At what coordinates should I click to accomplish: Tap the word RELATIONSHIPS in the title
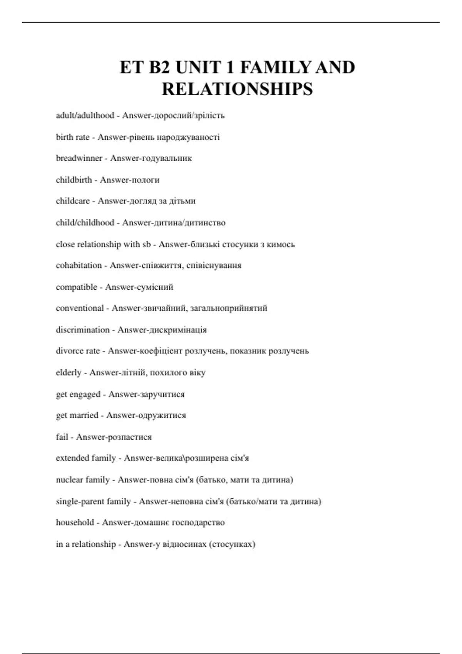[237, 89]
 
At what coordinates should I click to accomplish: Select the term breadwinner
[79, 158]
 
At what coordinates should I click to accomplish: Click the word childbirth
[74, 180]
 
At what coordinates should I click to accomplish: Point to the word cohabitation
[79, 265]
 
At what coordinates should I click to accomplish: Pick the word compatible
[77, 287]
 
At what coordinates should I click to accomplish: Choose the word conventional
[80, 308]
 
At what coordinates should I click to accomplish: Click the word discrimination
[82, 330]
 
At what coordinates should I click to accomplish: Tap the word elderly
[69, 372]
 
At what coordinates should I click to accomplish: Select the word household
[75, 522]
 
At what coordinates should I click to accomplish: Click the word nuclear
[69, 480]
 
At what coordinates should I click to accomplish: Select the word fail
[62, 437]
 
